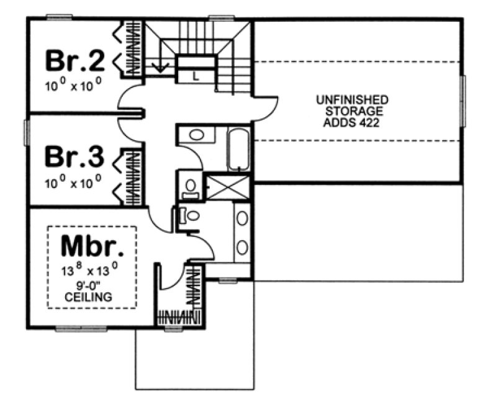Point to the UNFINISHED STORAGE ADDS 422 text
[x=352, y=111]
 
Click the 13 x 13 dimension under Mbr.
[x=91, y=271]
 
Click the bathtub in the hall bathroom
[x=239, y=149]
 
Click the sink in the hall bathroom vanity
[x=197, y=135]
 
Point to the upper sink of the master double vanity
[x=242, y=219]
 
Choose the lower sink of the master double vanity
[x=242, y=247]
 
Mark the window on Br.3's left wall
[x=27, y=132]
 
